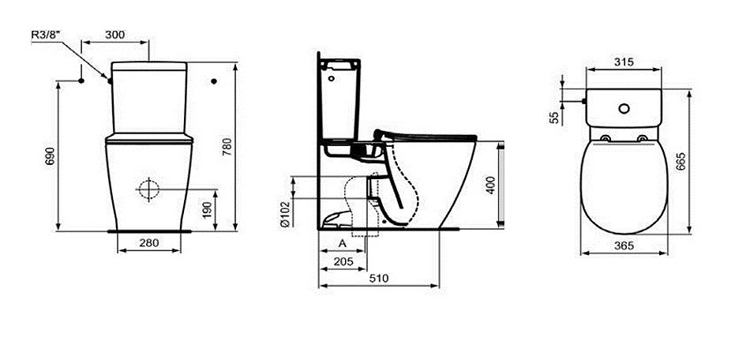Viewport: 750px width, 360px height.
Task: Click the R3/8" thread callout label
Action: [x=46, y=35]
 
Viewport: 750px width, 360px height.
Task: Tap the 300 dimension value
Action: [x=114, y=35]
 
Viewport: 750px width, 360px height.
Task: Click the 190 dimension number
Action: [x=207, y=210]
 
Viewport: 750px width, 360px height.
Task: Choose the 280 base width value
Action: [x=149, y=243]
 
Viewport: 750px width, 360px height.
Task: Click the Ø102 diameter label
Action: [x=285, y=213]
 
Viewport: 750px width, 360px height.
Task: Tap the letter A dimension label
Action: [x=343, y=243]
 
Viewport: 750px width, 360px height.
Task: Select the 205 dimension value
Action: [x=343, y=261]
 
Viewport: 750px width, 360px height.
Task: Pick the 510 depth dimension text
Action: [x=378, y=278]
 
